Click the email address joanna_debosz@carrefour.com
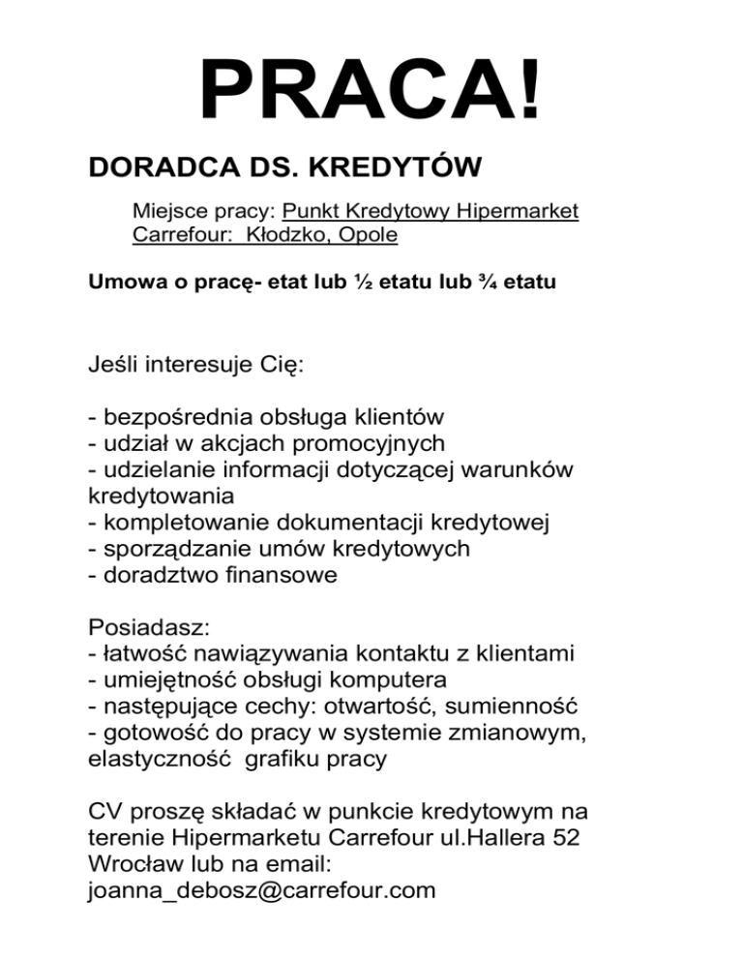tap(261, 888)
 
